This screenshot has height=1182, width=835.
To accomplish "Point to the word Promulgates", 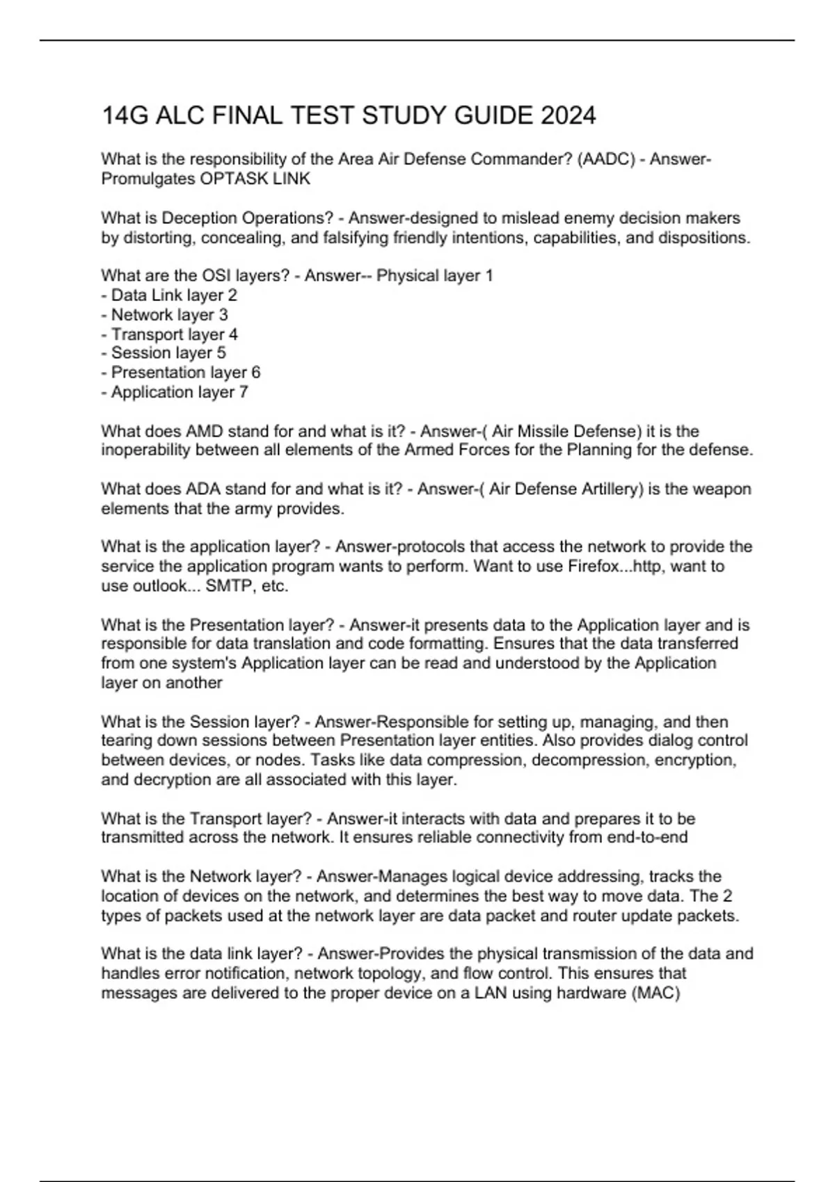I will pos(148,179).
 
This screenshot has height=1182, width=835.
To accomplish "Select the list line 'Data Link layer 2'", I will pos(169,295).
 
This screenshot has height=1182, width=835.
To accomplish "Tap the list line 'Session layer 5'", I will pos(164,353).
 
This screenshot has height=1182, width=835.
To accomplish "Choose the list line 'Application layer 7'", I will pos(175,392).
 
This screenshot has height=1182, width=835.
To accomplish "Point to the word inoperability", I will pos(146,451).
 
